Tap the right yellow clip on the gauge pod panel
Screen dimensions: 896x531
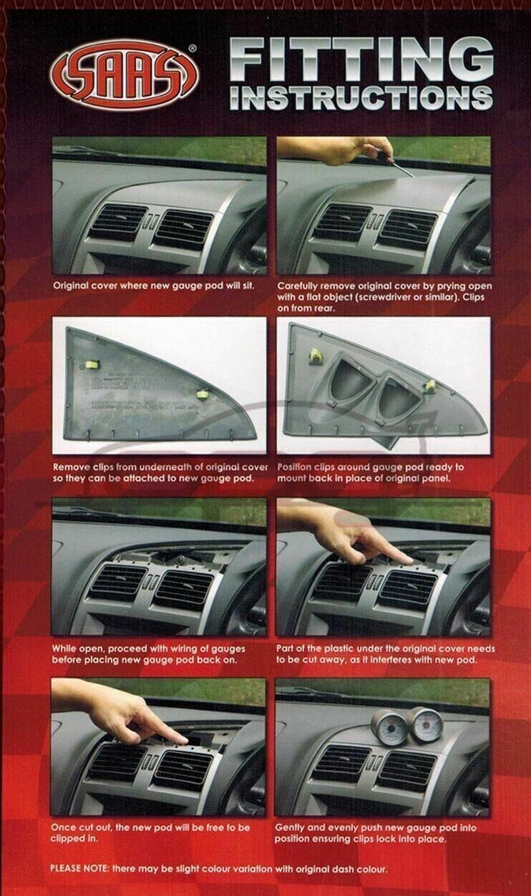tap(430, 386)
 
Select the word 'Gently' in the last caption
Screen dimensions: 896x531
tap(293, 827)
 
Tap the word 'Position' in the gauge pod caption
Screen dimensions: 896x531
tap(295, 467)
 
